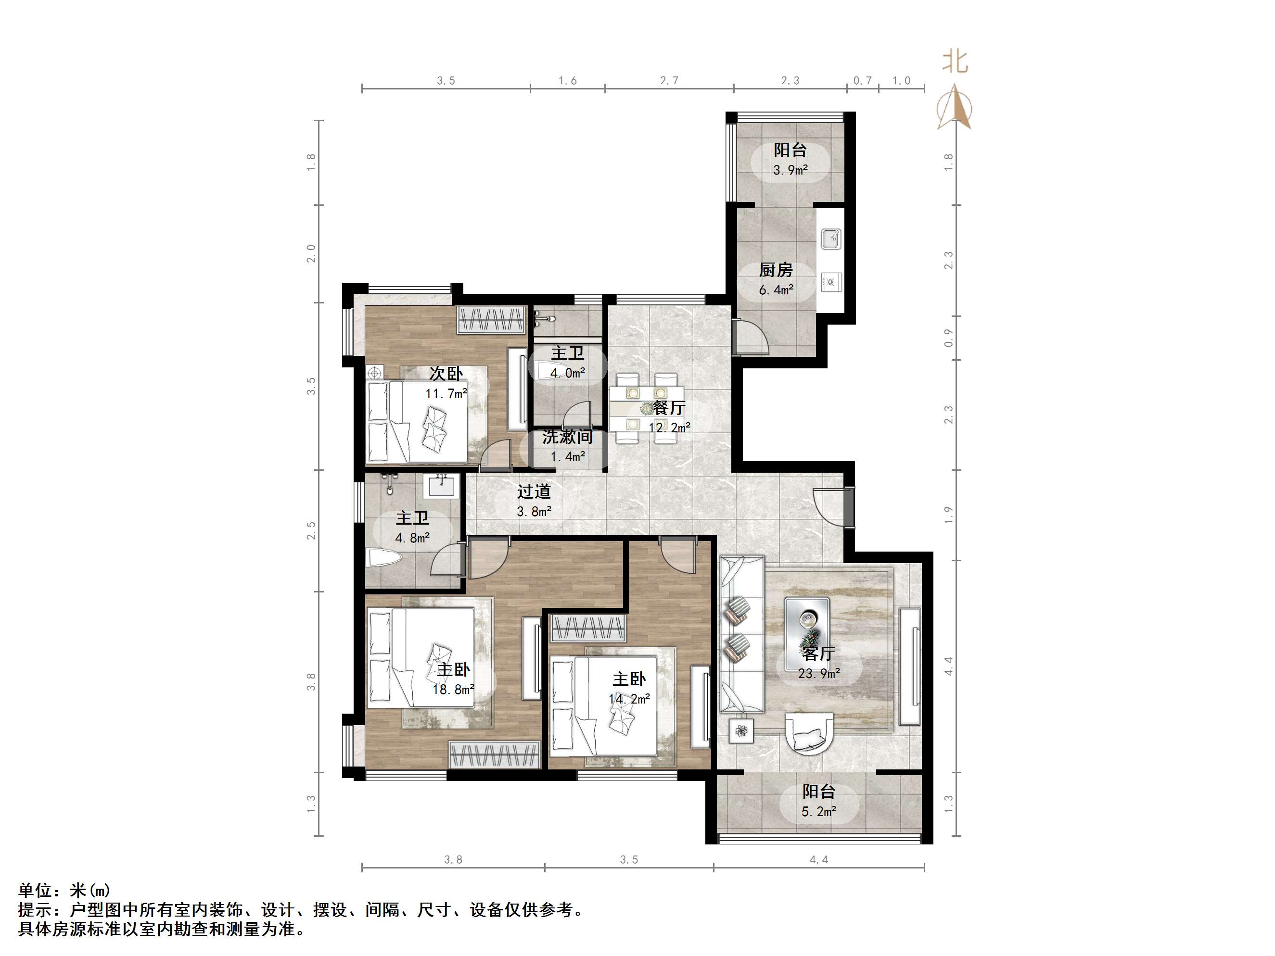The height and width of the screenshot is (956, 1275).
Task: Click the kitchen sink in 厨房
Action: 830,239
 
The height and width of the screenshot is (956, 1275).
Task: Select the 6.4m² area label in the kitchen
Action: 776,290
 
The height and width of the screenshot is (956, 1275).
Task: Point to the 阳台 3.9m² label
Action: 790,160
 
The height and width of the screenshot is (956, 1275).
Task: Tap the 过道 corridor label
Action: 534,491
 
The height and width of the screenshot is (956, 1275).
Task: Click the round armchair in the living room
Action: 809,732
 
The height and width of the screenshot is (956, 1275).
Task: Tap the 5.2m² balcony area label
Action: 818,811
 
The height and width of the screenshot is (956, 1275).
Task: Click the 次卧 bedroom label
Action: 446,374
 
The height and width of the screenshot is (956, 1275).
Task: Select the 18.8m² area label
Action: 454,689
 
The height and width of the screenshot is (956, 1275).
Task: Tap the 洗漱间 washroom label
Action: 567,437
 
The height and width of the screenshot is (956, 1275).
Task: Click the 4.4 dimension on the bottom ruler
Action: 818,860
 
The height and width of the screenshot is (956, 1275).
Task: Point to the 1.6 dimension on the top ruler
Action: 567,81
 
